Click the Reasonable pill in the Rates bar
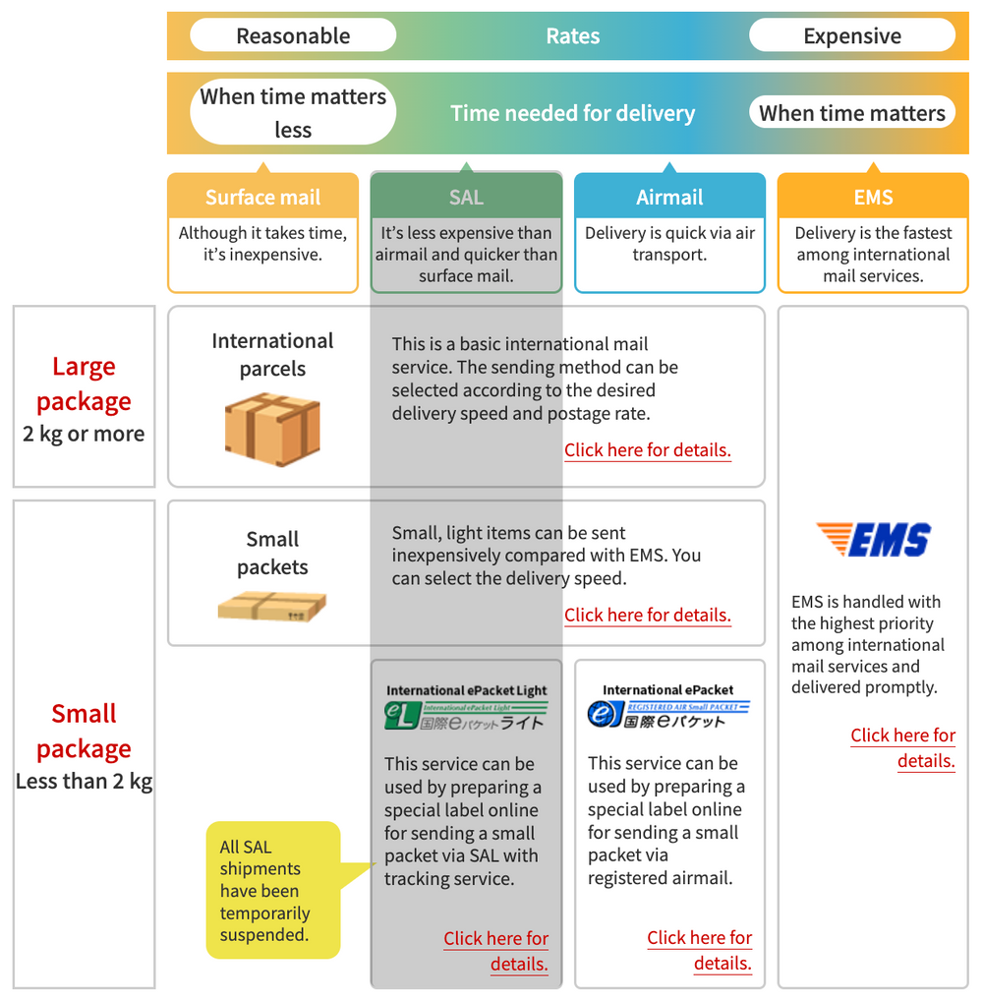pos(293,36)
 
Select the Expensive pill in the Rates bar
pos(851,36)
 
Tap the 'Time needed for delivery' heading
pos(572,113)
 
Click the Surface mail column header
pos(262,197)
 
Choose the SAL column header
pos(466,197)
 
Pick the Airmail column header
pos(669,197)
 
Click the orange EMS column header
pos(873,197)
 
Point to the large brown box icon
pos(272,430)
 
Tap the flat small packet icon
pos(272,606)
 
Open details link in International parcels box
pos(647,450)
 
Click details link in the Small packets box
pos(647,616)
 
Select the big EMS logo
pos(873,540)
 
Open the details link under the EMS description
pos(903,748)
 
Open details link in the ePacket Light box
pos(496,951)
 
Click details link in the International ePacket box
pos(700,950)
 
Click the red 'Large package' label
pos(84,383)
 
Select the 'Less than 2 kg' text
pos(84,783)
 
